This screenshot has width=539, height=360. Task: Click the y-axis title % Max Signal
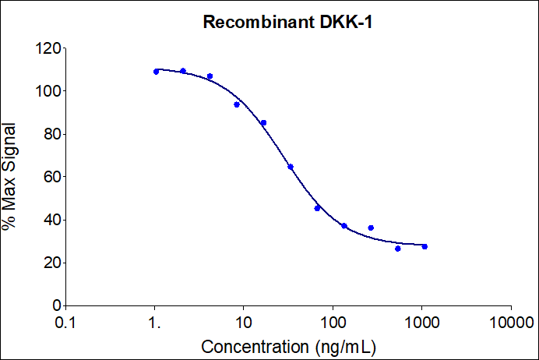[x=11, y=177]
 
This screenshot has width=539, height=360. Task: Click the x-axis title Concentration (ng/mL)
[x=290, y=345]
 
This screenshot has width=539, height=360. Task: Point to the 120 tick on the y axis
[x=48, y=48]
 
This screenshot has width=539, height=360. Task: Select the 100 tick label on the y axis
[x=48, y=91]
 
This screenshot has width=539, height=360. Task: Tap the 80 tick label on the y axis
[x=51, y=134]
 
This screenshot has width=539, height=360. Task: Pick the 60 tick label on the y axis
[x=51, y=177]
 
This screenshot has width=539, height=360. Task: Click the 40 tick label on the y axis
[x=51, y=220]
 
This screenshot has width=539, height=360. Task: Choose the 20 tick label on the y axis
[x=51, y=263]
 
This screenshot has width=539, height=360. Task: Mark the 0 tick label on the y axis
[x=55, y=305]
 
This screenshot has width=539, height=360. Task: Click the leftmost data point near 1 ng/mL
[x=156, y=72]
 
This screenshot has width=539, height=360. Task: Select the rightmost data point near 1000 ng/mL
[x=425, y=246]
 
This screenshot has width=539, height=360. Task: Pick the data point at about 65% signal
[x=291, y=167]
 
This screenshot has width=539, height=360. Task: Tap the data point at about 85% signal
[x=263, y=122]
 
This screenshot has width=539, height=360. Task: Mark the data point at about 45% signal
[x=317, y=208]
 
